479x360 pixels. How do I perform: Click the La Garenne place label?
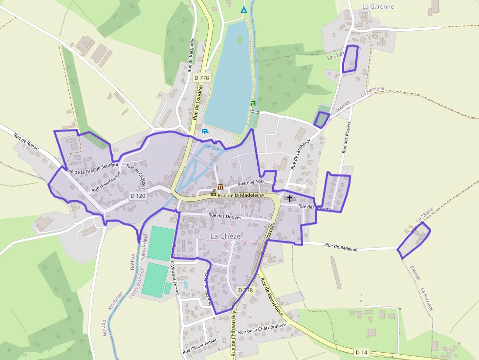(x=378, y=7)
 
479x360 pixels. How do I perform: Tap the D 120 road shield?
(x=138, y=195)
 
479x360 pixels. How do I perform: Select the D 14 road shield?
(x=361, y=352)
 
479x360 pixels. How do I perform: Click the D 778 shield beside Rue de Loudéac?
(x=201, y=77)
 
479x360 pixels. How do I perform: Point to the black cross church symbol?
(x=290, y=198)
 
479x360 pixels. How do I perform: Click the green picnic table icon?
(x=253, y=103)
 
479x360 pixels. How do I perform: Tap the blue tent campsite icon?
(x=243, y=9)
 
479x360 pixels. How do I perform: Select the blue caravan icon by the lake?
(x=204, y=131)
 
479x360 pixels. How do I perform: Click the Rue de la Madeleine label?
(x=240, y=195)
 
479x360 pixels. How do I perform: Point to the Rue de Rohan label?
(x=26, y=142)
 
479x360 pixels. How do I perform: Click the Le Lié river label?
(x=212, y=147)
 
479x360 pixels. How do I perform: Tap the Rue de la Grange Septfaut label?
(x=93, y=169)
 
